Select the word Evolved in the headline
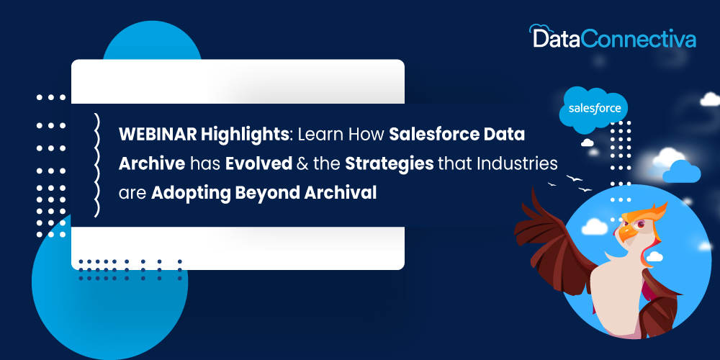coord(258,164)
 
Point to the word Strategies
coord(390,165)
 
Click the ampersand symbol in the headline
coord(303,164)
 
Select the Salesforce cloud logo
coord(594,109)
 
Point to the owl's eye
coord(641,224)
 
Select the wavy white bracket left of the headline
coord(96,165)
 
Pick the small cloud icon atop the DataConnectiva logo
coord(539,30)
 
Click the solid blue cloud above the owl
coord(681,172)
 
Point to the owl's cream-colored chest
coord(616,294)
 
